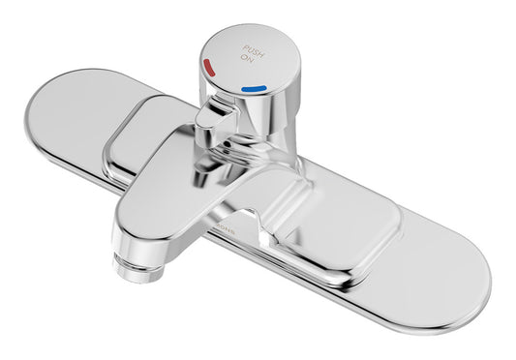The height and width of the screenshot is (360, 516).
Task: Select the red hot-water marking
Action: tap(210, 67)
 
